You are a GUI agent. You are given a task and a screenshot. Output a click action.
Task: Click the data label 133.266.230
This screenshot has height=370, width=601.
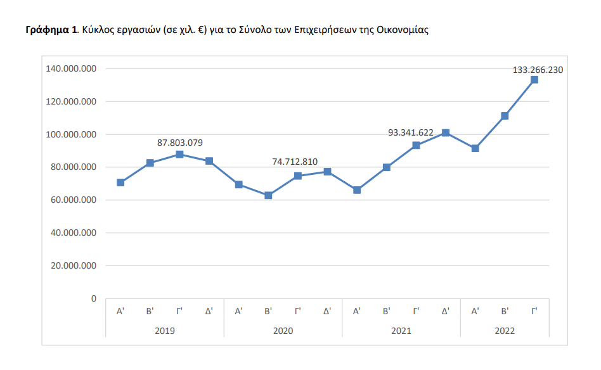[x=538, y=70]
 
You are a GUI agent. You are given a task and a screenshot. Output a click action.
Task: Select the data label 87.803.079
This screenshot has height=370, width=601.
[x=179, y=143]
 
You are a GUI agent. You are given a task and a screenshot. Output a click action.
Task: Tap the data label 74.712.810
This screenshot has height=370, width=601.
[x=295, y=162]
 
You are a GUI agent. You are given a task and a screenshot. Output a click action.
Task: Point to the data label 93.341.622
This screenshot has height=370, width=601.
[x=410, y=132]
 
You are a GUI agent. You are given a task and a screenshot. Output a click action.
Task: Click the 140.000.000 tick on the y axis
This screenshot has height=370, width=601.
[x=71, y=68]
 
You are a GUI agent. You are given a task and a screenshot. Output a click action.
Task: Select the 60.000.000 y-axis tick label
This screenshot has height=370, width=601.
[x=71, y=200]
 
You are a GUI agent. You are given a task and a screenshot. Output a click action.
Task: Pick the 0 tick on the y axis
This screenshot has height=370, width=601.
[x=93, y=298]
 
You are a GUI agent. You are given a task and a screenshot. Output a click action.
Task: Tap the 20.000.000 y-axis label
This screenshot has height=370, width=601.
[x=71, y=265]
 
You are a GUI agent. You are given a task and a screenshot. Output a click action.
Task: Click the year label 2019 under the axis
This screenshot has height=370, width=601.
[x=165, y=331]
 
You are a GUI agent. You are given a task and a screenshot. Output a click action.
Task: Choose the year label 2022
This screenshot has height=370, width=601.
[x=505, y=331]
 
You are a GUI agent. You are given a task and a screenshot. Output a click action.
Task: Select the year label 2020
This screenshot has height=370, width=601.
[x=283, y=331]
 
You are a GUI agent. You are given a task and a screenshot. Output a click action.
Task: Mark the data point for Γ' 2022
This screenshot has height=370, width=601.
[x=534, y=80]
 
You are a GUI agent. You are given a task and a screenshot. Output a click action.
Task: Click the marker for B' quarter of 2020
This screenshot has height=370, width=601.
[x=268, y=196]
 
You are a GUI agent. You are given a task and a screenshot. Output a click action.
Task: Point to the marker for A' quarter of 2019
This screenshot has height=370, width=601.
[x=120, y=182]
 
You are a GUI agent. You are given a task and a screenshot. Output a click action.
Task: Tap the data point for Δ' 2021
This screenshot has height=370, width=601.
[x=446, y=133]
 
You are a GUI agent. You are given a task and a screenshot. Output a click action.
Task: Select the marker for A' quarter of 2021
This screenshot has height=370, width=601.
[x=357, y=190]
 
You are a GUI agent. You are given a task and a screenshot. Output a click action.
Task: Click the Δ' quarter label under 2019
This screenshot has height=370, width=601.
[x=209, y=311]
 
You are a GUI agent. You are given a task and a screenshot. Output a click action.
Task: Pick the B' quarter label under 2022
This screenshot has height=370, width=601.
[x=505, y=311]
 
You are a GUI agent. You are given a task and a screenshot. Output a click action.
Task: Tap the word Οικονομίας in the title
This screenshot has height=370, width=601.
[x=406, y=30]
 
